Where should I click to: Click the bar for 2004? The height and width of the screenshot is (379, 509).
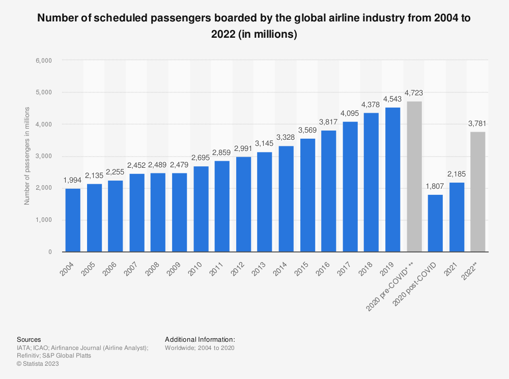point(73,220)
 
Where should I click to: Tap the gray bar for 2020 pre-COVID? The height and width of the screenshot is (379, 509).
point(414,176)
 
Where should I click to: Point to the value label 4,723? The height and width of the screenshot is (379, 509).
point(414,93)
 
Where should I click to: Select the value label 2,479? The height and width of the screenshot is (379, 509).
point(179,164)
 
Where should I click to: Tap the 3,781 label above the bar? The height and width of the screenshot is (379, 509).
point(478,123)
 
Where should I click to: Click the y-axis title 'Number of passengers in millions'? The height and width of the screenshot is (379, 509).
point(26,156)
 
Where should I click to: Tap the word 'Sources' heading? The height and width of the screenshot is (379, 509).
point(29,339)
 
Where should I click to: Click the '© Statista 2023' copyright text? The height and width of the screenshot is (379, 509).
point(38,364)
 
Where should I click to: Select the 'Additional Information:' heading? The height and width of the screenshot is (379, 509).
point(200,339)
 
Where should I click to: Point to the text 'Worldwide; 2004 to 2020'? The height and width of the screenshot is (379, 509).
point(200,347)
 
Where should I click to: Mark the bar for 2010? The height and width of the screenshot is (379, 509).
point(201,209)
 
